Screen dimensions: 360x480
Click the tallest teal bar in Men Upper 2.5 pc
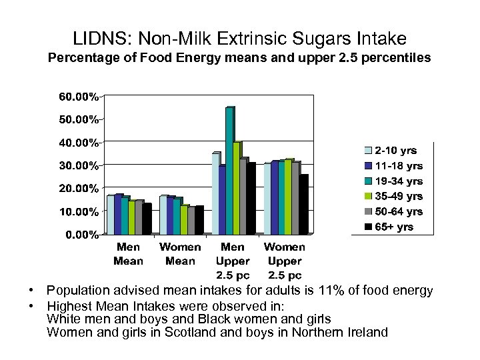coord(229,171)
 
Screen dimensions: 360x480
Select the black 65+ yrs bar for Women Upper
coord(303,205)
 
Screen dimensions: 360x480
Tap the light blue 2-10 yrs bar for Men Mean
coord(111,215)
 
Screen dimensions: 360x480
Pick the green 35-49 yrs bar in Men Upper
coord(237,189)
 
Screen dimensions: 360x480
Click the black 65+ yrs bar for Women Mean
coord(199,221)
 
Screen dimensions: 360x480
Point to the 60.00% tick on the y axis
coord(79,97)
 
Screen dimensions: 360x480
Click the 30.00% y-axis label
coord(79,165)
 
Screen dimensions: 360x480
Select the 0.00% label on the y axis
coord(81,235)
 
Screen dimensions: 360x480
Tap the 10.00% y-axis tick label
coord(79,211)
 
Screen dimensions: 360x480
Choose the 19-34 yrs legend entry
coord(398,181)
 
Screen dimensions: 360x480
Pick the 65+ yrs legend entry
coord(393,227)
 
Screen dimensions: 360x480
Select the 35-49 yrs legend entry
coord(398,196)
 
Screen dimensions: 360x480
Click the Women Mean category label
coord(180,254)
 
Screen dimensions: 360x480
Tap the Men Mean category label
coord(128,254)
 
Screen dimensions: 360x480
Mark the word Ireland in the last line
coord(367,332)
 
